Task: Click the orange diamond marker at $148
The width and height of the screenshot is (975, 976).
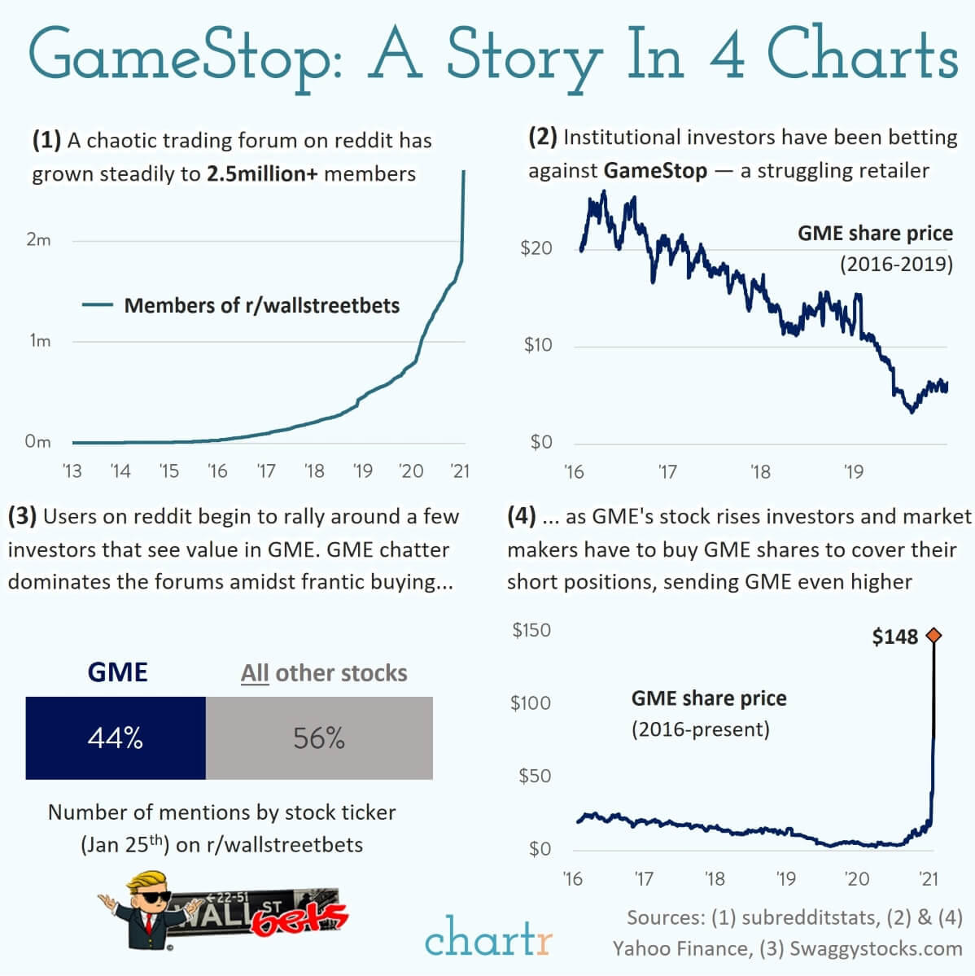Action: [933, 636]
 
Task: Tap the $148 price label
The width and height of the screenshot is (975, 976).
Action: [894, 637]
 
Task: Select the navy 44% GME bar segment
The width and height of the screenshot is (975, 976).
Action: [116, 737]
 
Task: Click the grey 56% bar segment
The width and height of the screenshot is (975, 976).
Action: [319, 737]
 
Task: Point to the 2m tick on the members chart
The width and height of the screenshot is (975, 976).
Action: [38, 240]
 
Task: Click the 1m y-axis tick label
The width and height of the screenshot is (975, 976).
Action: [40, 341]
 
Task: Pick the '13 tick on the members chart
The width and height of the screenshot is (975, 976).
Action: [72, 471]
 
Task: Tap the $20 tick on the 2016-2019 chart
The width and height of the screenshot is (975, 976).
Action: [536, 248]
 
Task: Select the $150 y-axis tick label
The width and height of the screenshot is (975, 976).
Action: [531, 630]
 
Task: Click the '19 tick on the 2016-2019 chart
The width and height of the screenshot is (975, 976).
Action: [853, 472]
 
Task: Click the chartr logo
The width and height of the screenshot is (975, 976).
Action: [487, 937]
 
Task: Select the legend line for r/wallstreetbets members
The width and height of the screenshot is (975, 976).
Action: [97, 305]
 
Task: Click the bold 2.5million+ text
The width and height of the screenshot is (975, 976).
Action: [262, 174]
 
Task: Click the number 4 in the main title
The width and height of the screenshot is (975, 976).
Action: [727, 55]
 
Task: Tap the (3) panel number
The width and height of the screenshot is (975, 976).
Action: [22, 516]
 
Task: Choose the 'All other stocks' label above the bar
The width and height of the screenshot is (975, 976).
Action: [324, 673]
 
